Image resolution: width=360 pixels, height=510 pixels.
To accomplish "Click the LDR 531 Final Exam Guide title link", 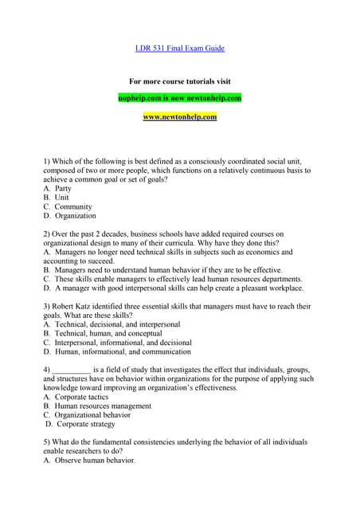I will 179,49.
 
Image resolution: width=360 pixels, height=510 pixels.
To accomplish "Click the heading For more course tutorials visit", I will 179,81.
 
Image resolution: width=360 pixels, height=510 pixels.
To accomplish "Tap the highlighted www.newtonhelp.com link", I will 179,117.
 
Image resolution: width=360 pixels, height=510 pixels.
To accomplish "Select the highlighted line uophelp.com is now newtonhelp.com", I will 179,98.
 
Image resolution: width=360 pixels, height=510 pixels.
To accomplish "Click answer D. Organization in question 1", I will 70,216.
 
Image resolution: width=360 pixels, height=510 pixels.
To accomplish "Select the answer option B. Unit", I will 57,198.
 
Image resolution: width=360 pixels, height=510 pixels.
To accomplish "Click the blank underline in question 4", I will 71,371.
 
